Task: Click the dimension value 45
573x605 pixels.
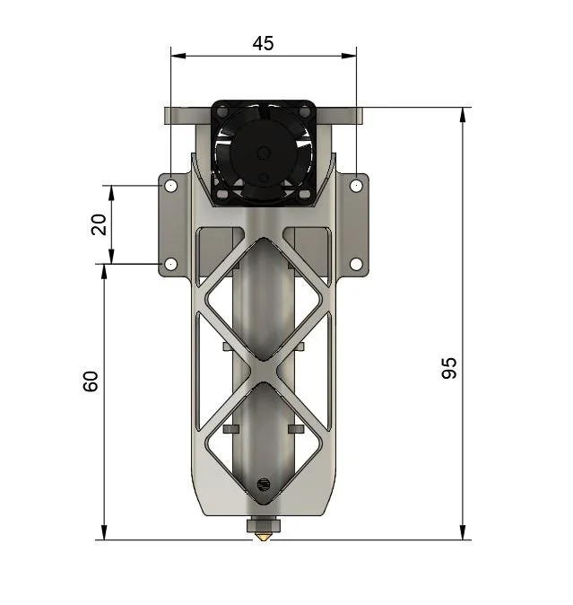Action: click(x=264, y=43)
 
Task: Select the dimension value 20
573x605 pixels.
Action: click(x=99, y=224)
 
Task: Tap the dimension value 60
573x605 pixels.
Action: click(x=91, y=381)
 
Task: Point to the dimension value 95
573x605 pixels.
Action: click(x=449, y=368)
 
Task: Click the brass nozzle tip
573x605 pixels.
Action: click(x=264, y=537)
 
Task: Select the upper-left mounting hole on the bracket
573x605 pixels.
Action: click(x=170, y=186)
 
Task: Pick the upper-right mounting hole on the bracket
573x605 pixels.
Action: click(x=356, y=186)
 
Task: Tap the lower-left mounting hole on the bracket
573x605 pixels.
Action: click(x=170, y=264)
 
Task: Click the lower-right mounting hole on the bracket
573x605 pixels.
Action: click(x=356, y=264)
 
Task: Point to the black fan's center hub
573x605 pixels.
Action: click(x=264, y=154)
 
